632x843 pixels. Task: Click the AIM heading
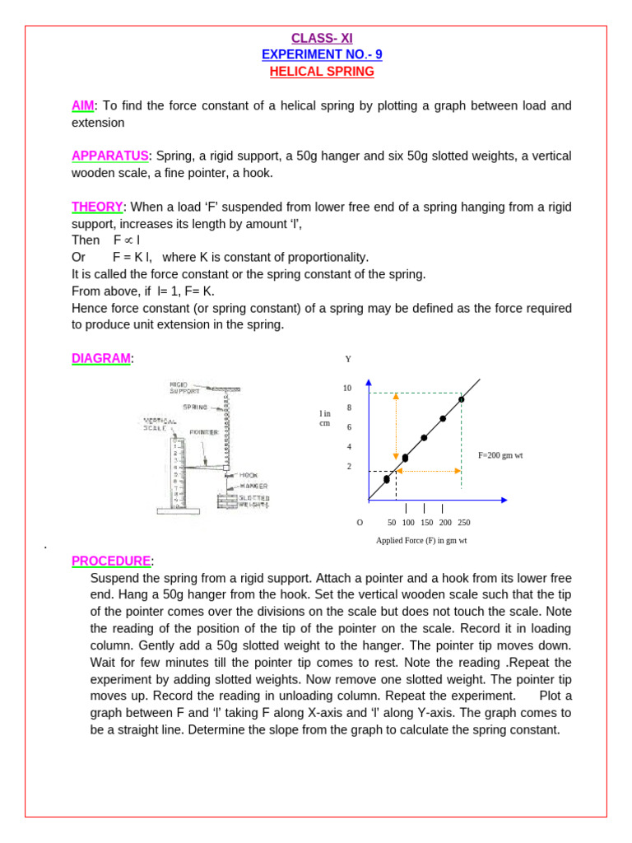83,105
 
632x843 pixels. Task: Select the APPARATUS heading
109,156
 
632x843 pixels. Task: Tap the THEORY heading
96,207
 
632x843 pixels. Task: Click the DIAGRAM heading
100,358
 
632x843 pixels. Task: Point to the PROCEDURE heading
111,561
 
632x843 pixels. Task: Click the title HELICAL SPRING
322,72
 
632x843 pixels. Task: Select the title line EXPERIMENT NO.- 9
322,54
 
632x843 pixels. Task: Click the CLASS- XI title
322,38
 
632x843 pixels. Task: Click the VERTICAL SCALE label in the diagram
159,423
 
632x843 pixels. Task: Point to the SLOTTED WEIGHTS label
254,501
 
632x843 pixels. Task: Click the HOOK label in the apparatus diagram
248,475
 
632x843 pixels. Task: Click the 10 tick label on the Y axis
347,388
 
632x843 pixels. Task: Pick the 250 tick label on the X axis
464,522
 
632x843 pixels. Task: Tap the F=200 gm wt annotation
500,454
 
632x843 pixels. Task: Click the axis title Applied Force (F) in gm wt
421,540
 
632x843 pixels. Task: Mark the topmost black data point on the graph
462,399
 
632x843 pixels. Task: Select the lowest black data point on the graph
387,479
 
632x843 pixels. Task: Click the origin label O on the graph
360,522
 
